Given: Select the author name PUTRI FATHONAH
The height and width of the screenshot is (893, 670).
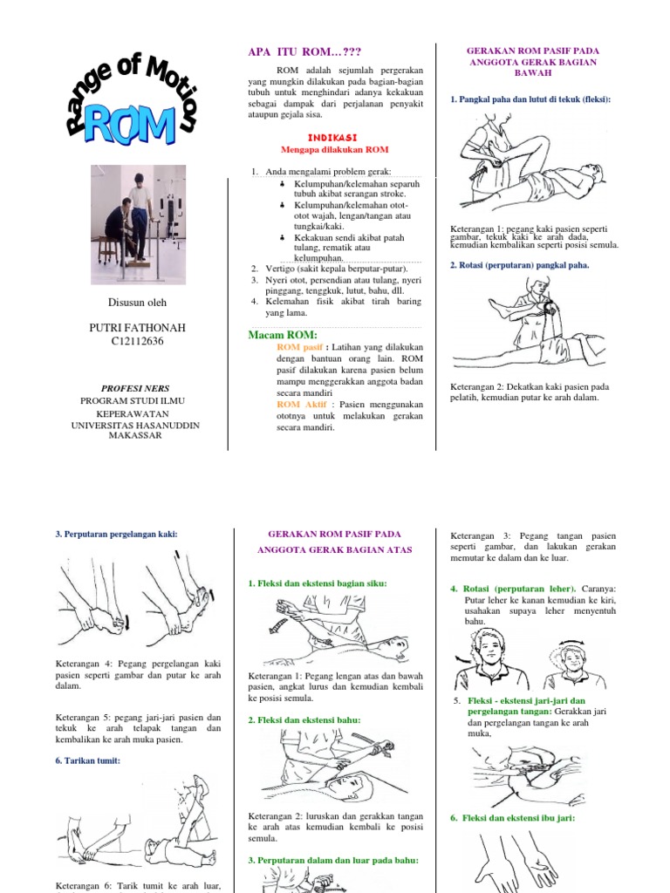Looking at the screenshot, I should pos(138,327).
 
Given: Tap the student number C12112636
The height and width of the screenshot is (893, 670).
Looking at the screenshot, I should pos(138,341).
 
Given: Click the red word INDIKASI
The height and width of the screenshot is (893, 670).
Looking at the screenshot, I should pos(334,137).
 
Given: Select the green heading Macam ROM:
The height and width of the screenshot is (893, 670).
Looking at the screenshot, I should pos(283,336).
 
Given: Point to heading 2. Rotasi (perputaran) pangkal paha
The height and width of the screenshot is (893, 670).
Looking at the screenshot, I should pos(519,264).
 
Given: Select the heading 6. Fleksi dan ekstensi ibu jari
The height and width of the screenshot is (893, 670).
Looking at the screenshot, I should pos(512,818).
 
